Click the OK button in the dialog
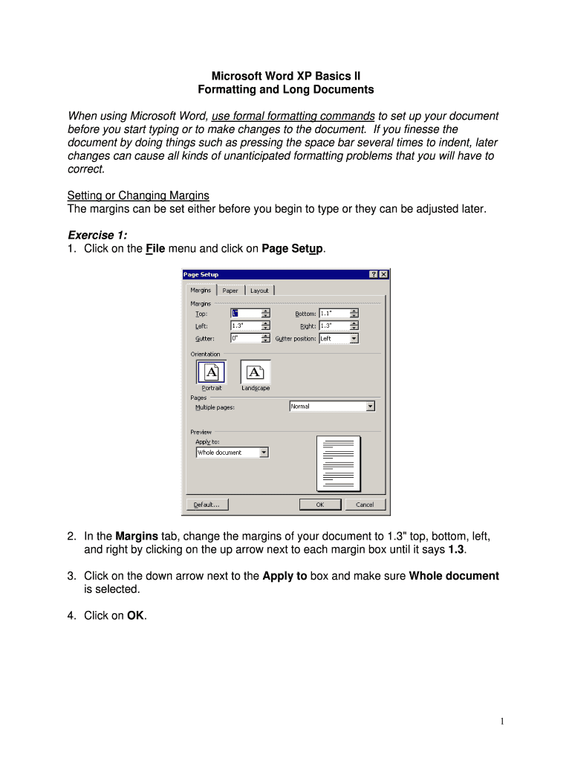tap(320, 505)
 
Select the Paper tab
tap(230, 291)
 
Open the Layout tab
tap(259, 291)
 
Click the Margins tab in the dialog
tap(201, 290)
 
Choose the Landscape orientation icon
tap(256, 373)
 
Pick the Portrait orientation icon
tap(211, 373)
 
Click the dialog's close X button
tap(383, 274)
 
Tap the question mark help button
tap(373, 274)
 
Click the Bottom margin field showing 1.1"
tap(334, 314)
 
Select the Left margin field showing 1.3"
tap(245, 326)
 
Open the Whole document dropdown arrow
tap(264, 453)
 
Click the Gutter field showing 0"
tap(245, 338)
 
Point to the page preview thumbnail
tap(338, 464)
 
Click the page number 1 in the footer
tap(502, 721)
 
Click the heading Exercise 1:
tap(97, 235)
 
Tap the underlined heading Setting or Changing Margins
tap(138, 195)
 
